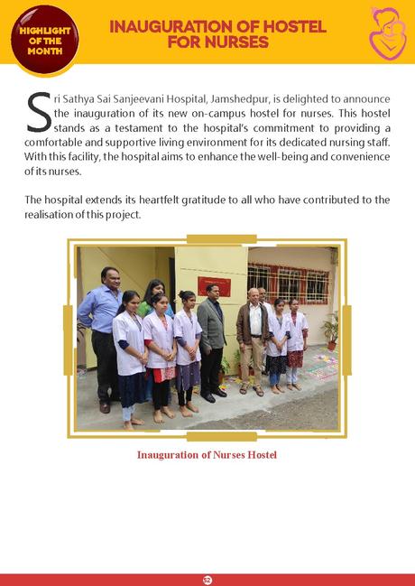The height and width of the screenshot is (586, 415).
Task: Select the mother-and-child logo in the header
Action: [388, 33]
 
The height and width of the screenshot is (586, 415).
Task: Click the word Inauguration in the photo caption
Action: [170, 454]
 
